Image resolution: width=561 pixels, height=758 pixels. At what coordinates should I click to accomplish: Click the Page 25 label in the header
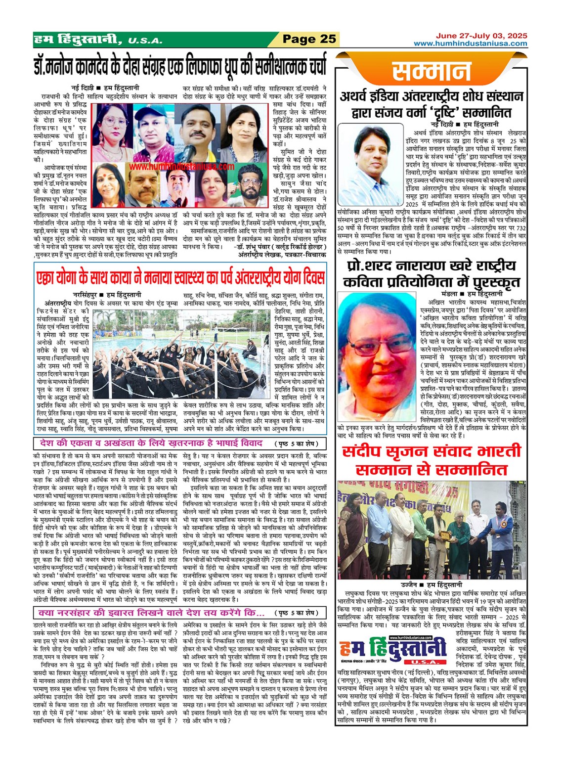click(309, 39)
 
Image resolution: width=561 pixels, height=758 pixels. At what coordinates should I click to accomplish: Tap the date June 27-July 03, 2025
click(481, 36)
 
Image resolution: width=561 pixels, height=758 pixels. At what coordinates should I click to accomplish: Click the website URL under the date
click(471, 44)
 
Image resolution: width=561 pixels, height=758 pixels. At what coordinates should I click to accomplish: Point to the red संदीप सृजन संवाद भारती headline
click(432, 459)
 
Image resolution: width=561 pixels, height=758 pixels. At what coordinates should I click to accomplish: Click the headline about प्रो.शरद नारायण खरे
click(432, 273)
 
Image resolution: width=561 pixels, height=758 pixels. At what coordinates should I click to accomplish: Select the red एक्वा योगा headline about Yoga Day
click(180, 277)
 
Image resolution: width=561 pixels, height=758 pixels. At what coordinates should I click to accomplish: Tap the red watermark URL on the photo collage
click(182, 167)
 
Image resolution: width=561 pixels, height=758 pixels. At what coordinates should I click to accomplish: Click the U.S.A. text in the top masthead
click(144, 41)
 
